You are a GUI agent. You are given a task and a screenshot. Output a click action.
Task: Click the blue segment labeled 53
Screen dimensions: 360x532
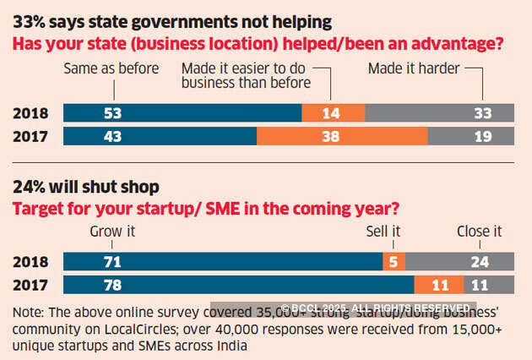click(182, 113)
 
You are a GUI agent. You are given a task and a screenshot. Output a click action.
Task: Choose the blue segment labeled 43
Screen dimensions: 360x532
click(160, 135)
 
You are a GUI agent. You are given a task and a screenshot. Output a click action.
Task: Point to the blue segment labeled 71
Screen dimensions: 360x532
click(223, 260)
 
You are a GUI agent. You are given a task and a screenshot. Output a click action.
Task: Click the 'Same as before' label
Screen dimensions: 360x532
click(111, 69)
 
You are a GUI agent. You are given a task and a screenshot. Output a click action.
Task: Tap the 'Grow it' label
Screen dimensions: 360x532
click(111, 230)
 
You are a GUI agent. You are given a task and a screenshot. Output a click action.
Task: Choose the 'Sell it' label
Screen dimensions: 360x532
click(384, 230)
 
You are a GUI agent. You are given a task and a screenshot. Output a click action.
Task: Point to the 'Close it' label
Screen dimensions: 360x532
click(479, 230)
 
